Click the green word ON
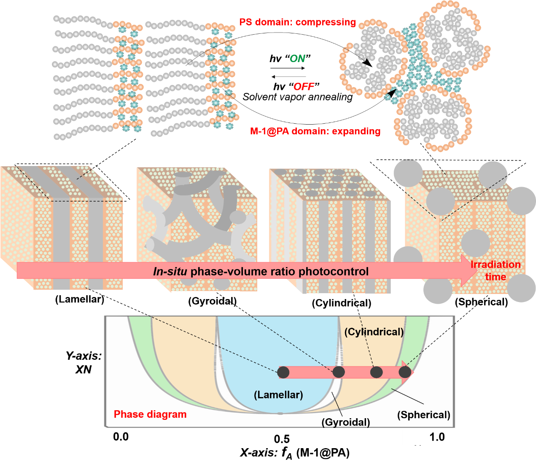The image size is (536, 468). pyautogui.click(x=297, y=59)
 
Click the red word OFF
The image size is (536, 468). pyautogui.click(x=304, y=87)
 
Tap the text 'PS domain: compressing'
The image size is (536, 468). pyautogui.click(x=298, y=22)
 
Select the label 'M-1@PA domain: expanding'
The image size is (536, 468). pyautogui.click(x=315, y=131)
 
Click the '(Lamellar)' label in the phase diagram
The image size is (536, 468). pyautogui.click(x=278, y=395)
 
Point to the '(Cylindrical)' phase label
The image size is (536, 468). pyautogui.click(x=374, y=332)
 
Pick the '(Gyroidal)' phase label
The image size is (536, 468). pyautogui.click(x=345, y=422)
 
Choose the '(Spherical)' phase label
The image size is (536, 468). pyautogui.click(x=423, y=415)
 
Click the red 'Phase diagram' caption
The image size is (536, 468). pyautogui.click(x=150, y=414)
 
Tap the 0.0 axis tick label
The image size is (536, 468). pyautogui.click(x=121, y=437)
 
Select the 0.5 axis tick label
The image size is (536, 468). pyautogui.click(x=282, y=439)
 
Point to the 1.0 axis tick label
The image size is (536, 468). pyautogui.click(x=437, y=437)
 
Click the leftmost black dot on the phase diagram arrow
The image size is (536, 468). pyautogui.click(x=283, y=372)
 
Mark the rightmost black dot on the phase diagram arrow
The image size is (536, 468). pyautogui.click(x=405, y=372)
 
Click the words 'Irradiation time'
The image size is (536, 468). pyautogui.click(x=496, y=271)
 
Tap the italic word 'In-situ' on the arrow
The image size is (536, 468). pyautogui.click(x=170, y=272)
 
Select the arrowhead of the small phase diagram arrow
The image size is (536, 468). pyautogui.click(x=408, y=372)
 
